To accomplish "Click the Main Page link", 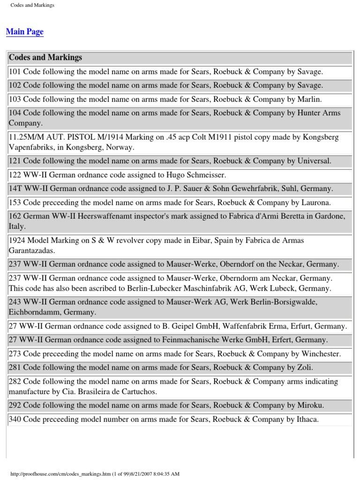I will (x=24, y=32).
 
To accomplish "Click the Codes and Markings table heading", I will (x=45, y=58).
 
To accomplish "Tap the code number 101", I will (x=15, y=72).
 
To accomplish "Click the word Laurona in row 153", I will (x=314, y=202).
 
